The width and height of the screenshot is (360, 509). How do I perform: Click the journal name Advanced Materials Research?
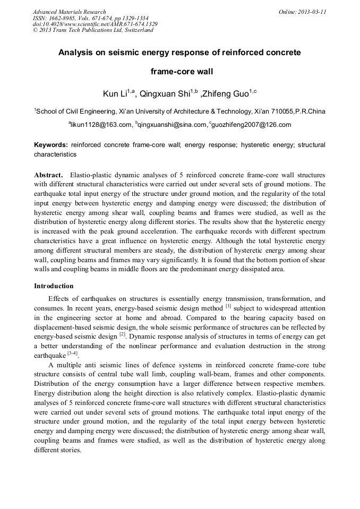tap(69, 12)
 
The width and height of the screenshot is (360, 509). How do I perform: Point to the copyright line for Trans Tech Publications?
tap(93, 30)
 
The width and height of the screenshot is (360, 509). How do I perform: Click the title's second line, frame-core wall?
tap(179, 71)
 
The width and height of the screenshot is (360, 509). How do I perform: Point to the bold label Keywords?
tap(51, 145)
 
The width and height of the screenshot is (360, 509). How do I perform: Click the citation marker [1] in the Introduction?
tap(228, 306)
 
